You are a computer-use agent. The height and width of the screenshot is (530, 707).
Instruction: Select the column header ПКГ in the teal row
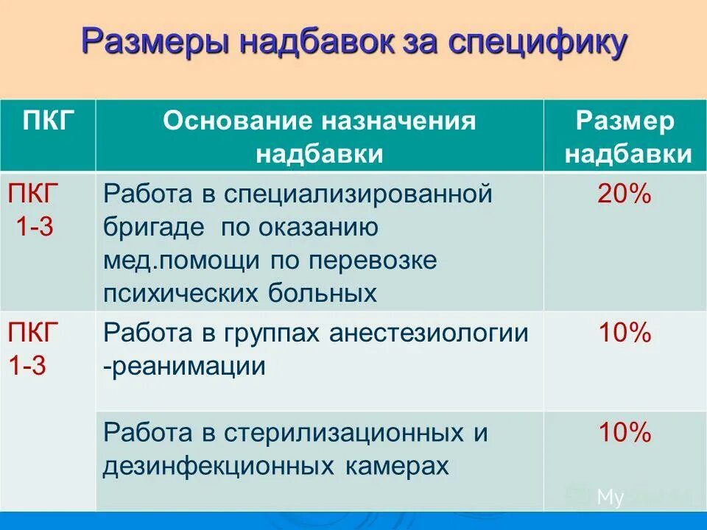pos(49,121)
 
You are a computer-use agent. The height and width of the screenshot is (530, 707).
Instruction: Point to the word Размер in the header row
pos(625,121)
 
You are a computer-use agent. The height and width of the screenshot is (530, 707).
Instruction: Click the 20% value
pos(625,195)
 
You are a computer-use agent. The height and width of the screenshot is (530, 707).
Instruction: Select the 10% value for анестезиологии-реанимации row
pos(625,334)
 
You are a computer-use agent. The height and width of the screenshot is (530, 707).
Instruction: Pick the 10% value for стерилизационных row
pos(625,433)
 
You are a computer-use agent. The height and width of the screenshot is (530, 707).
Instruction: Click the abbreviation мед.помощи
pos(183,261)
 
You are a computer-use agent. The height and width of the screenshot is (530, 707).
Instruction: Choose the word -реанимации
pos(184,366)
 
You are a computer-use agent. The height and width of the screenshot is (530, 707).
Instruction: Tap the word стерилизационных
pos(343,433)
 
